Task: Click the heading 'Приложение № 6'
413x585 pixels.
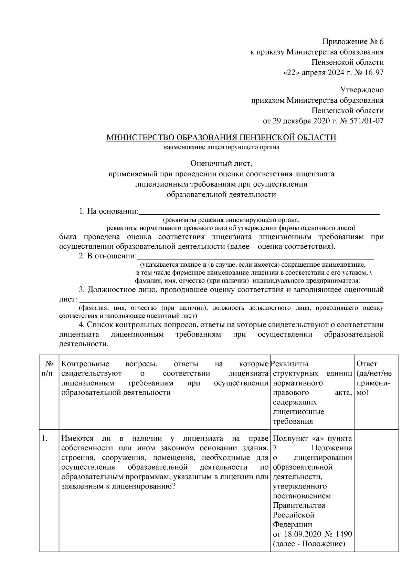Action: tap(352, 42)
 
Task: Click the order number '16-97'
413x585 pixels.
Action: tap(372, 73)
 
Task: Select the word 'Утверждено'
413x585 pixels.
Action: tap(362, 90)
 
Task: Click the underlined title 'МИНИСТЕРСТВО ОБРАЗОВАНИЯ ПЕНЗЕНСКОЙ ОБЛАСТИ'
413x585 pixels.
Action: tap(221, 138)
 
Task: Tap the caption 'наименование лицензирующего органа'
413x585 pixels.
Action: tap(221, 147)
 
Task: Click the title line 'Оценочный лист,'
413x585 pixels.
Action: tap(221, 164)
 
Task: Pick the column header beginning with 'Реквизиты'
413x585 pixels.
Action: tap(312, 392)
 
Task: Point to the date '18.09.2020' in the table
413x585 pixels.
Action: tap(303, 534)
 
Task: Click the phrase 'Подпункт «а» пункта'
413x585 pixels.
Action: tap(312, 439)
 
